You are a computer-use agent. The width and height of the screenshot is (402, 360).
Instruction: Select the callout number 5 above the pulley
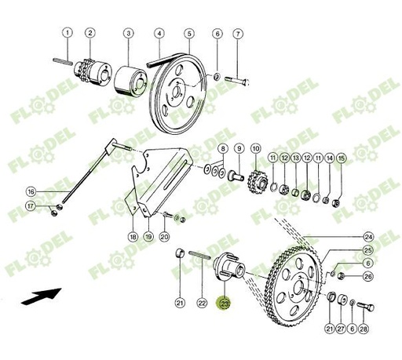coord(189,33)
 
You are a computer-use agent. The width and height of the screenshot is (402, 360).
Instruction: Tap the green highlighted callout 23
coord(225,304)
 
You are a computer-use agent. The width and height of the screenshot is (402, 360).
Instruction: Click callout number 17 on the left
coord(31,206)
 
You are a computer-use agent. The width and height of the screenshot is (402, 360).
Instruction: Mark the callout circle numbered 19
coord(148,236)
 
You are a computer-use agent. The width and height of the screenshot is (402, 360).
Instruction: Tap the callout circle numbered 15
coord(341,158)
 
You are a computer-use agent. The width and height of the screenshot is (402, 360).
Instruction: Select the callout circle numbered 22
coord(202,304)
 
